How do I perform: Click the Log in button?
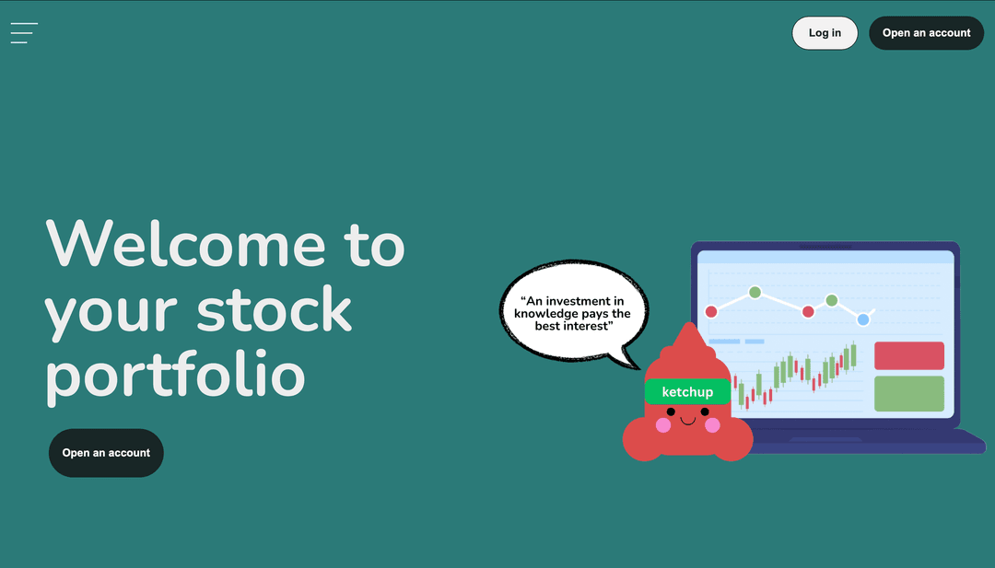pyautogui.click(x=825, y=33)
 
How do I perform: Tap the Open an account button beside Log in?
pyautogui.click(x=926, y=33)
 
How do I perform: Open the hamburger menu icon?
pyautogui.click(x=24, y=33)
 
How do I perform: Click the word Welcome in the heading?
pyautogui.click(x=185, y=244)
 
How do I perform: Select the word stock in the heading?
pyautogui.click(x=274, y=311)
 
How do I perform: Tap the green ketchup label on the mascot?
pyautogui.click(x=687, y=392)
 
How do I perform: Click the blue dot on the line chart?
pyautogui.click(x=863, y=319)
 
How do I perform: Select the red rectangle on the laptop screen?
pyautogui.click(x=908, y=355)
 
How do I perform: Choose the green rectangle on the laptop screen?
pyautogui.click(x=908, y=393)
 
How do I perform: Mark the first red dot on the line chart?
pyautogui.click(x=711, y=311)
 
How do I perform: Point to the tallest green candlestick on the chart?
pyautogui.click(x=853, y=354)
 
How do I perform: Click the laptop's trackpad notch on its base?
pyautogui.click(x=825, y=439)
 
